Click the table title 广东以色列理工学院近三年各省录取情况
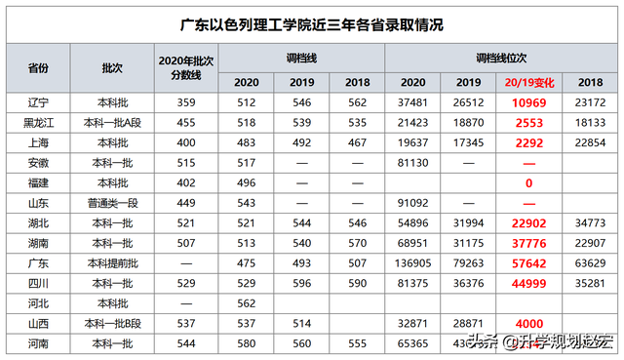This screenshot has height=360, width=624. [x=312, y=22]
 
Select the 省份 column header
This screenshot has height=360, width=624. [x=39, y=68]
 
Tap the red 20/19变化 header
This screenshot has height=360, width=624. [x=528, y=82]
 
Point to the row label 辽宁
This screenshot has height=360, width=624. [x=39, y=100]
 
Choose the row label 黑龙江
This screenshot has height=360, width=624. [x=39, y=121]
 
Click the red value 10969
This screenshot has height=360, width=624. [x=528, y=100]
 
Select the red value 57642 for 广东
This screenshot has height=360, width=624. [x=528, y=263]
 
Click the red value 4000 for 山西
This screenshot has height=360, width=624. [x=528, y=324]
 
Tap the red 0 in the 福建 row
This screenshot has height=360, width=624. [x=528, y=182]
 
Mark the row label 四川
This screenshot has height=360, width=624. [x=39, y=284]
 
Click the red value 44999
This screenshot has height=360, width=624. [x=528, y=284]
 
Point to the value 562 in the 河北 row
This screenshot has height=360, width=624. [x=246, y=303]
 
